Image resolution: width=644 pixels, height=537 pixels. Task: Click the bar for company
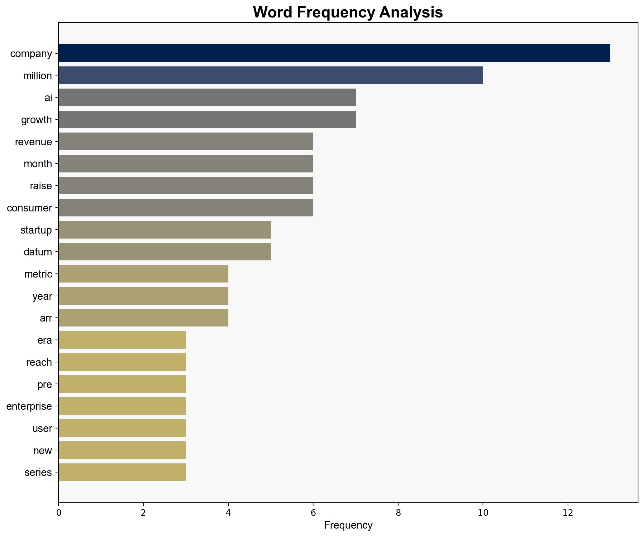(x=334, y=53)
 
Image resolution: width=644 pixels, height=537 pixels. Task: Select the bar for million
(x=270, y=75)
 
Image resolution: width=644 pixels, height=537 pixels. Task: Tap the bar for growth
(x=207, y=119)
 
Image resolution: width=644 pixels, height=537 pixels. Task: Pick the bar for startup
(x=165, y=230)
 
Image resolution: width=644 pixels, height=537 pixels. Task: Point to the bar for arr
(x=143, y=318)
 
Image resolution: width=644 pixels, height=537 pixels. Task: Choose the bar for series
(x=122, y=472)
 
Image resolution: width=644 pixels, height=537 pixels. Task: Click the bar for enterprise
(x=122, y=406)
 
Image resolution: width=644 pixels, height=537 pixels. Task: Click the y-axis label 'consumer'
(x=29, y=208)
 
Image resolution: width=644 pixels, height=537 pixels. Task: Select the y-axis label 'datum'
(x=38, y=252)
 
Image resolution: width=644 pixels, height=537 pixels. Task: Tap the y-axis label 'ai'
(x=48, y=98)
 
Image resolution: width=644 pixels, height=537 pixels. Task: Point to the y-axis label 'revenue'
(x=33, y=142)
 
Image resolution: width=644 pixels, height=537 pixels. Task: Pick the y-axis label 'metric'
(x=38, y=274)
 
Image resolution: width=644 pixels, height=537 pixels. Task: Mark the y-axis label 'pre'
(x=45, y=384)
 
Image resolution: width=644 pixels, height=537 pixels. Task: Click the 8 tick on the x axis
(x=398, y=513)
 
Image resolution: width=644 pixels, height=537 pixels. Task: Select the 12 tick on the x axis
(x=568, y=513)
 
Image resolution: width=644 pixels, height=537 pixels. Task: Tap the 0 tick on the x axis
(x=59, y=513)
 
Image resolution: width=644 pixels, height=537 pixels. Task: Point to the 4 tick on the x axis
(x=228, y=513)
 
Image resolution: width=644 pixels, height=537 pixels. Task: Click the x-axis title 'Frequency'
(x=348, y=525)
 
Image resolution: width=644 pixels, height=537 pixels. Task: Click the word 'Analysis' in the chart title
(x=411, y=12)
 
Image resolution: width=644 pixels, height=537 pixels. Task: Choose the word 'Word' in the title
(x=273, y=12)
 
